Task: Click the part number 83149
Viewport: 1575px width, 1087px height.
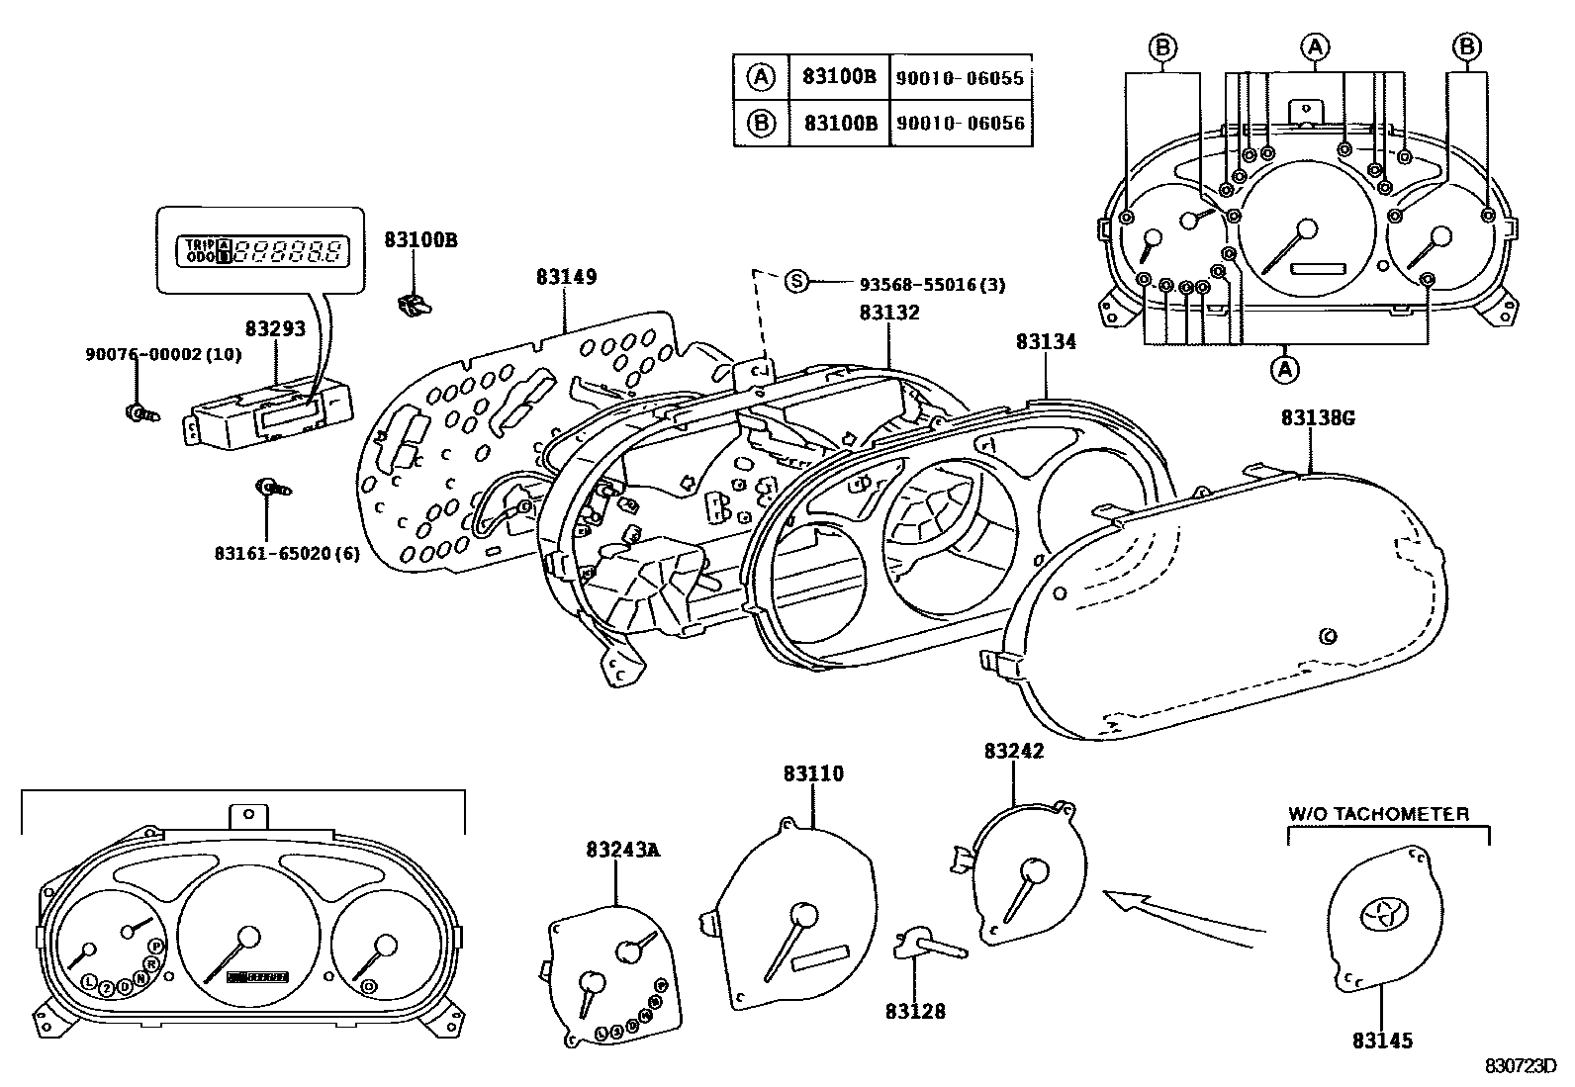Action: pos(566,278)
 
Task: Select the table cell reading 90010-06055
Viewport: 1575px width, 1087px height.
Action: pos(959,78)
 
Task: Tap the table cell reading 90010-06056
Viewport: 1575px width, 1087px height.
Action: pos(959,124)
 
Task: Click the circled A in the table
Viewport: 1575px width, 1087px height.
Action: pos(760,77)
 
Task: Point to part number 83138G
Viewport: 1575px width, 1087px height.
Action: pos(1317,418)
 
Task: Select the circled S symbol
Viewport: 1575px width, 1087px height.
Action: pos(796,282)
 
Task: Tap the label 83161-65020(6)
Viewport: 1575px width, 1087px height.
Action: pos(287,553)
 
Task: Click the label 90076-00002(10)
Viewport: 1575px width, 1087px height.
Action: pos(163,354)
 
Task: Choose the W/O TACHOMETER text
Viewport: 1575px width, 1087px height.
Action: pos(1377,815)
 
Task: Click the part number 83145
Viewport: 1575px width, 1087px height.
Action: pos(1382,1041)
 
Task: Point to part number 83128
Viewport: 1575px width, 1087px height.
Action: pos(914,1011)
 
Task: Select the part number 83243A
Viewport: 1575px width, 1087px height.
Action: pos(621,849)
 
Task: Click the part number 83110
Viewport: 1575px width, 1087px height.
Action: pos(813,773)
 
